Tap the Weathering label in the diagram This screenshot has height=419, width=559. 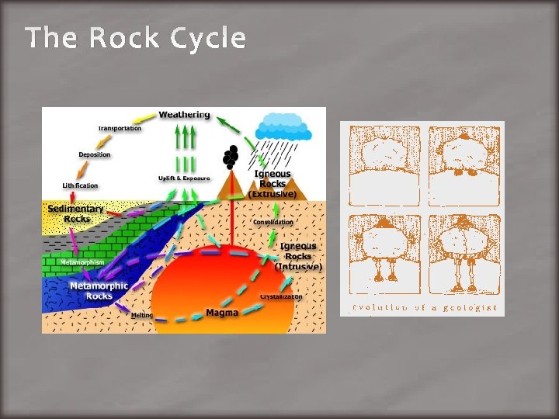[184, 115]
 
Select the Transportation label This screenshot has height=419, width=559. [120, 128]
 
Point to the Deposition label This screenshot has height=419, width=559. [94, 154]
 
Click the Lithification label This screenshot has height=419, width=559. [81, 185]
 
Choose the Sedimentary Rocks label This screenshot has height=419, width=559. [75, 213]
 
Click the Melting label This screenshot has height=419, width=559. [142, 315]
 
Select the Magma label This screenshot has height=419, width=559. [221, 313]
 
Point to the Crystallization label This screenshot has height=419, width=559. [281, 296]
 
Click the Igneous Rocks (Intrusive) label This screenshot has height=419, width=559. [298, 255]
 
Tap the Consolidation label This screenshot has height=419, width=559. [273, 222]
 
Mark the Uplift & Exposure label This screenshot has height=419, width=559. [184, 178]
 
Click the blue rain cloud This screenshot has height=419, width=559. [284, 126]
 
